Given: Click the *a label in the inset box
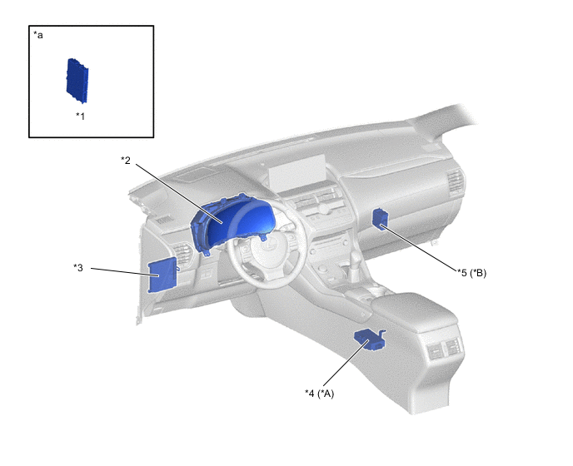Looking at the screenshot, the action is pyautogui.click(x=38, y=35).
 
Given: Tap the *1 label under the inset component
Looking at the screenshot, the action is pyautogui.click(x=81, y=116).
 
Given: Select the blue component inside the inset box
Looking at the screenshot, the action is pyautogui.click(x=77, y=81).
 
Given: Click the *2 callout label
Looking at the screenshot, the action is pyautogui.click(x=126, y=161).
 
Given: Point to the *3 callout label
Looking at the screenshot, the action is pyautogui.click(x=78, y=268).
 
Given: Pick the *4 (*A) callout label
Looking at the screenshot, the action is pyautogui.click(x=319, y=394).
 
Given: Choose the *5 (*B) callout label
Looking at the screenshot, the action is pyautogui.click(x=471, y=273).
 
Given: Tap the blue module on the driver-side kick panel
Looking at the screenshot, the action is pyautogui.click(x=162, y=275).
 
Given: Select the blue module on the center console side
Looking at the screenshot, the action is pyautogui.click(x=370, y=340).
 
